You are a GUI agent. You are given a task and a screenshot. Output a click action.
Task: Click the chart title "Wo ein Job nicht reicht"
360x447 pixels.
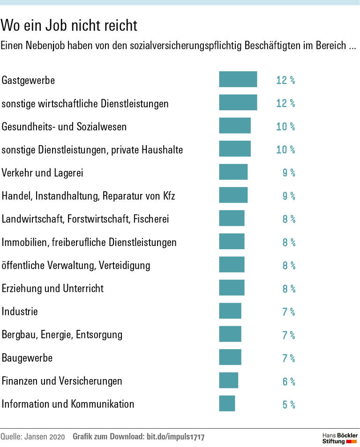pos(69,25)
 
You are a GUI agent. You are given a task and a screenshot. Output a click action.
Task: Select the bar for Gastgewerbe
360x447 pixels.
pos(238,79)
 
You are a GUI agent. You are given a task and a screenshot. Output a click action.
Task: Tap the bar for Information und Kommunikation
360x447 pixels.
pos(227,403)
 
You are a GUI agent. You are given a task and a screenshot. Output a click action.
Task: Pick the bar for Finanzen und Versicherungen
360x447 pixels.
pos(228,380)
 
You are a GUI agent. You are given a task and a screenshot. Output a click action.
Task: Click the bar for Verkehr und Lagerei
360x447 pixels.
pos(233,172)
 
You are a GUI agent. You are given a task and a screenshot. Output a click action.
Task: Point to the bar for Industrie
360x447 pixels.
pos(230,311)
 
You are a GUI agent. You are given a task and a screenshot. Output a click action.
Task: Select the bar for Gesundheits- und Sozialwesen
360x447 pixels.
pos(234,126)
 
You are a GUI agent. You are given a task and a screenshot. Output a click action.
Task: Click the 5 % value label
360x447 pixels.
pos(288,404)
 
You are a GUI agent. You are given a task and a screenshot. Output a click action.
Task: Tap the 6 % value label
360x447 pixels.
pos(288,381)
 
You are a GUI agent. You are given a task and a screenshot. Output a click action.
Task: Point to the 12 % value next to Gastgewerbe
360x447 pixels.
pos(285,80)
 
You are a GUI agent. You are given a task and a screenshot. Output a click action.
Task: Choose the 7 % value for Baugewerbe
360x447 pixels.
pos(288,358)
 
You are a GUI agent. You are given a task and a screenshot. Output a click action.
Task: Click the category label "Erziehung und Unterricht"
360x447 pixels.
pos(52,288)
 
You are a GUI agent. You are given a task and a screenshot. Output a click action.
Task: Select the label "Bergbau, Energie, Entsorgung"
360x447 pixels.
pos(62,335)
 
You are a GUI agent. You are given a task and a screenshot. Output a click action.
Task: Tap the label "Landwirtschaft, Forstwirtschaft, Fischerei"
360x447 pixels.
pos(85,219)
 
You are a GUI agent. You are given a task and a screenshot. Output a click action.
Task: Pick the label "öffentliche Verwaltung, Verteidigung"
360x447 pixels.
pos(76,265)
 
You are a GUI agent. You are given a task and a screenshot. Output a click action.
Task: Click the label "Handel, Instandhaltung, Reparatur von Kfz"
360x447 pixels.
pos(88,196)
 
